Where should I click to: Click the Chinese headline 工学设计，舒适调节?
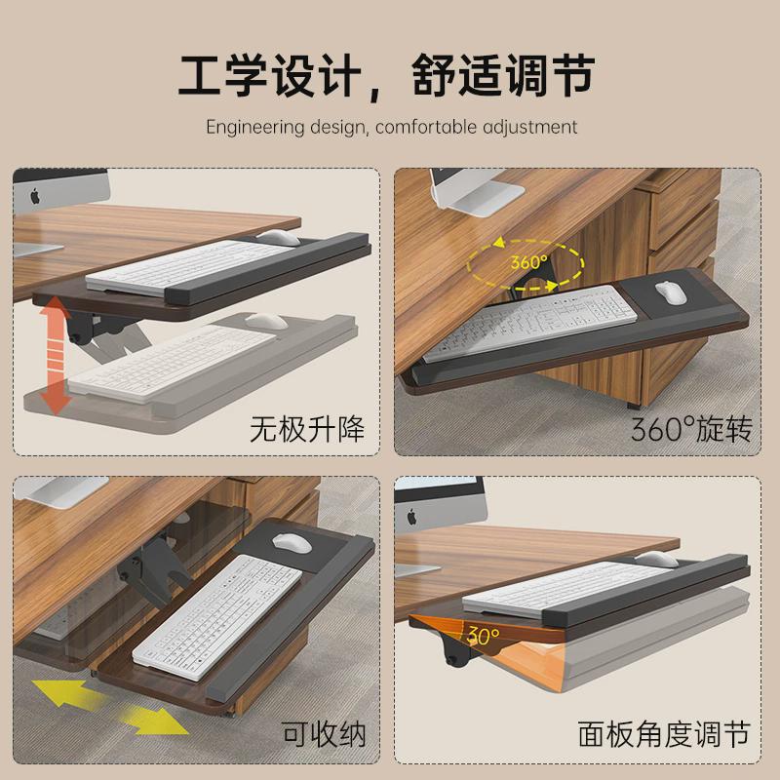click(390, 74)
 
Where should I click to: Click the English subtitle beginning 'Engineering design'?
click(390, 127)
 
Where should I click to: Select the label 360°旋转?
click(690, 429)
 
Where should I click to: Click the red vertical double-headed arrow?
click(58, 355)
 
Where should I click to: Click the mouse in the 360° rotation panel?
click(669, 292)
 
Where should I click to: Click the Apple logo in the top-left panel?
click(36, 195)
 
